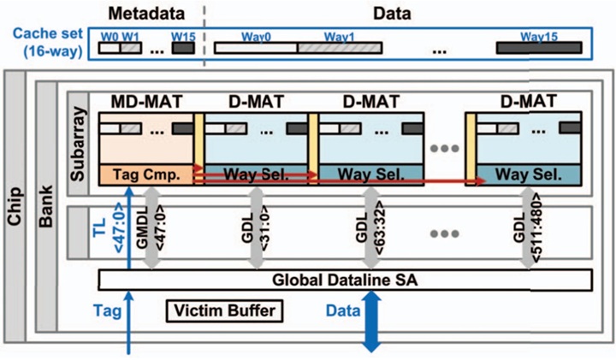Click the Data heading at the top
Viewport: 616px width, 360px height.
393,14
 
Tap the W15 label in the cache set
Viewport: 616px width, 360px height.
183,37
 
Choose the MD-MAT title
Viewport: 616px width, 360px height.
145,102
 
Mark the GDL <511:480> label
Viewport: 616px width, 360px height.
530,234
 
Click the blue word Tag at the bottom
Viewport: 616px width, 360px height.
112,310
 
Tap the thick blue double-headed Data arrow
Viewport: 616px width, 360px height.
371,321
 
